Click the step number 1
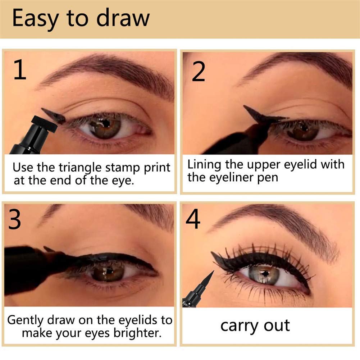tap(20, 69)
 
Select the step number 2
tap(199, 72)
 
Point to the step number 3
tap(14, 219)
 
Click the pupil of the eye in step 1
tap(106, 123)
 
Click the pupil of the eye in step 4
tap(265, 274)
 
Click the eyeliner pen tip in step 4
tap(214, 271)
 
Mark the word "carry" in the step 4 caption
tap(239, 327)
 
